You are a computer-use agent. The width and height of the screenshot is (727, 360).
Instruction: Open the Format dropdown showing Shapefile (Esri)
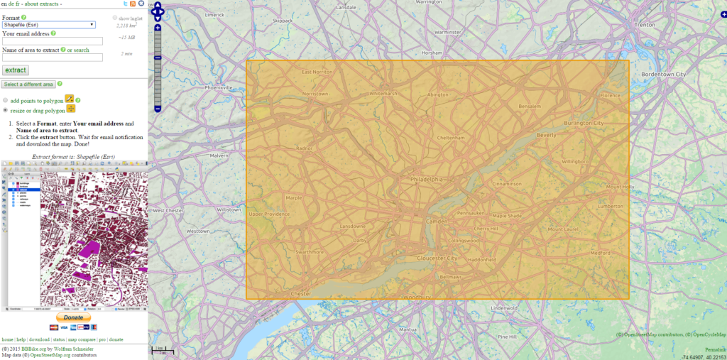coord(48,25)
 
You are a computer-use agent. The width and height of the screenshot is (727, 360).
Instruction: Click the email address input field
coord(53,41)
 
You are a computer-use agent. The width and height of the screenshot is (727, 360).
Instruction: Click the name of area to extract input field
coord(53,58)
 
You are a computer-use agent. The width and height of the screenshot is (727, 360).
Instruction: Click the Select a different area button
coord(28,84)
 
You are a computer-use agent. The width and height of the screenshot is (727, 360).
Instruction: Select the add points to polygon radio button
coord(6,100)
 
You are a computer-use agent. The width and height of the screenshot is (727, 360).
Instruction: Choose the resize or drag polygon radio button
coord(6,110)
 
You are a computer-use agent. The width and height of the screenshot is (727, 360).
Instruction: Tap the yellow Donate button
coord(73,317)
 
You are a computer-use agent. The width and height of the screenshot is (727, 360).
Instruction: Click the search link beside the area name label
coord(82,50)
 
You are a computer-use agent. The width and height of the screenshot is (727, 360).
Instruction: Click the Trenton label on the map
coord(644,24)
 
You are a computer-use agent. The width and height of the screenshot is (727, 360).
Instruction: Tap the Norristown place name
coord(315,94)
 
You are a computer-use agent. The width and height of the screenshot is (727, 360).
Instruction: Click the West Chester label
coord(168,210)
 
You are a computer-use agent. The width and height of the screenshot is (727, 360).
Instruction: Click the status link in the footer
coord(59,340)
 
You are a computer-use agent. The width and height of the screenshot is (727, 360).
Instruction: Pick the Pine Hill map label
coord(507,336)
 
